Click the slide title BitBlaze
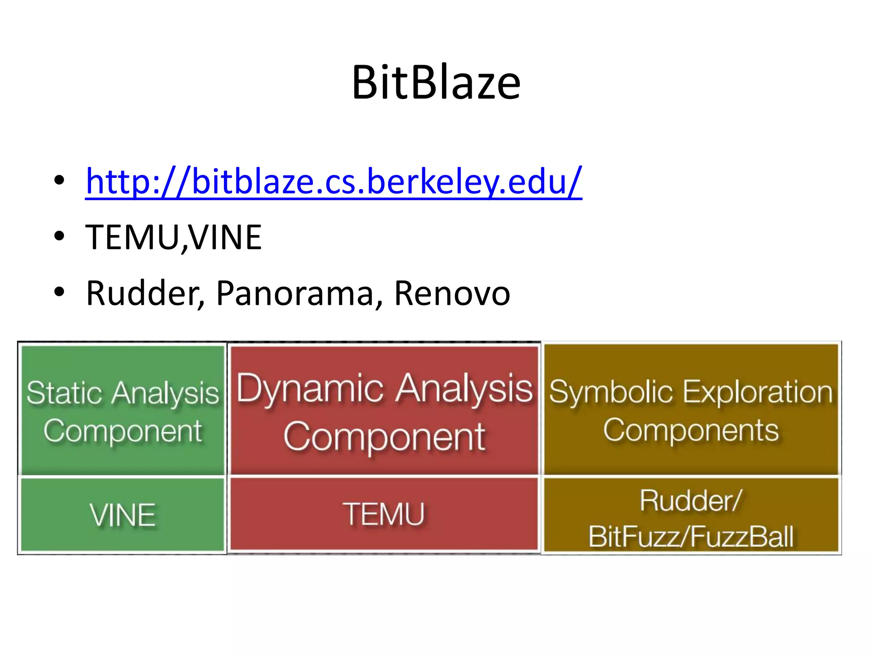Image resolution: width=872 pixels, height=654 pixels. tap(436, 83)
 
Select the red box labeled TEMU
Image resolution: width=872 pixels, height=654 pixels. tap(384, 514)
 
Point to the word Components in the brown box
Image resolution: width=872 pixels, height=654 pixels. tap(691, 430)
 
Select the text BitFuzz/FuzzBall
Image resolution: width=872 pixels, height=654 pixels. tap(691, 536)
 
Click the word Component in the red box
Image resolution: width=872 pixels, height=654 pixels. tap(384, 437)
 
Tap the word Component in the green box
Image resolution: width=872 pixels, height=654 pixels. tap(123, 431)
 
